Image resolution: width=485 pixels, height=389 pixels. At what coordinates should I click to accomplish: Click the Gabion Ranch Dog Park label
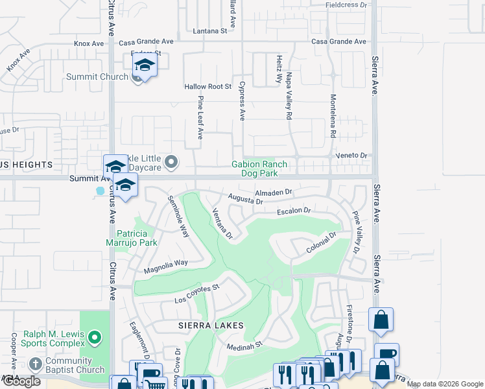coord(259,169)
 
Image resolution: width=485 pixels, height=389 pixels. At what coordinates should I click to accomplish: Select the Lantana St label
coord(210,30)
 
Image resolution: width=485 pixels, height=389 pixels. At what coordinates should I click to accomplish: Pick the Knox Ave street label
coord(89,43)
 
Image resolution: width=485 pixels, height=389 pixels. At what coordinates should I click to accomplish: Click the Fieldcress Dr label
coord(346,5)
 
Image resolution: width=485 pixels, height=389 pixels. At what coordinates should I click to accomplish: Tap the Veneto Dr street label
coord(351,156)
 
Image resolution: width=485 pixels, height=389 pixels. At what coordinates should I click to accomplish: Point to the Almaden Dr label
coord(274,193)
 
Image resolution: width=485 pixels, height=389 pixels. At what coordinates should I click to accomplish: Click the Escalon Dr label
coord(294,211)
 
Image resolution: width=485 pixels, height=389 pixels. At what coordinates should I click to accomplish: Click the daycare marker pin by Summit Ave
coord(171,161)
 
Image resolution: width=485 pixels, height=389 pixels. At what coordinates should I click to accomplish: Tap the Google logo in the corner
coord(21,381)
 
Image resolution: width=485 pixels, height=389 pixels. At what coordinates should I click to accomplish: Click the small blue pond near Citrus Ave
coord(100,192)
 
